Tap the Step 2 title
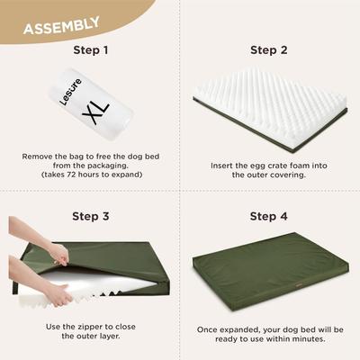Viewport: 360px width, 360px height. tap(269, 50)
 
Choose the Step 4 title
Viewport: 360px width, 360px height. tap(269, 216)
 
